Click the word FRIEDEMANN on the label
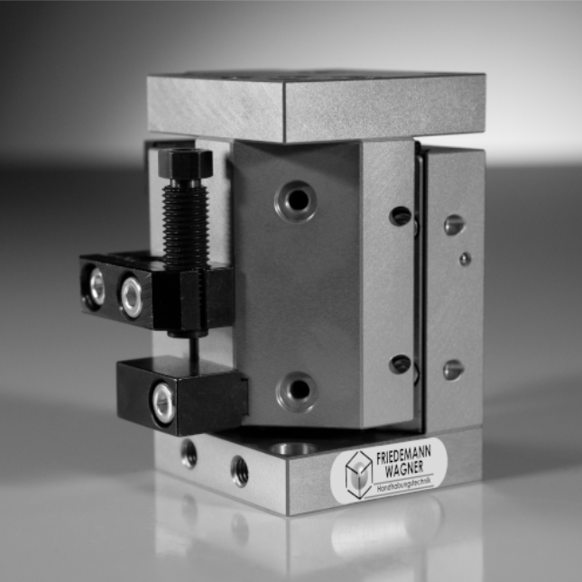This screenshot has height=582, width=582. (403, 455)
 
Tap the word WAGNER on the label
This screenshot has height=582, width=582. (404, 470)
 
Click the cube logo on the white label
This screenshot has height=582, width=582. (358, 475)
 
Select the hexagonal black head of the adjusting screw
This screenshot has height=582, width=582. (185, 163)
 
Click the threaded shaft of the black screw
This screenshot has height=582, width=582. (185, 226)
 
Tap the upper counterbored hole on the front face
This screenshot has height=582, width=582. (296, 201)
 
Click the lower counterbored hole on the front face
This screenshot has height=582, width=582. (297, 392)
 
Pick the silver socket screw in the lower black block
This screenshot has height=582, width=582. (163, 403)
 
